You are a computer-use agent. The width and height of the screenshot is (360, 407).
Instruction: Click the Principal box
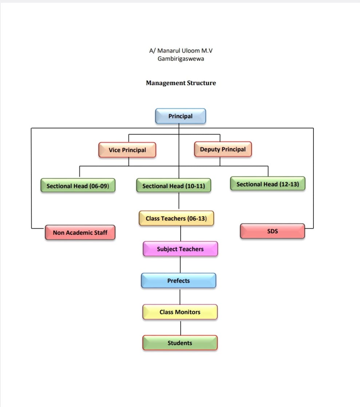pos(181,116)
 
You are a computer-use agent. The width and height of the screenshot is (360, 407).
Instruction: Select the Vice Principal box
pos(127,150)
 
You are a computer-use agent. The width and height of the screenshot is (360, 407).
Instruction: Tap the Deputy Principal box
pos(223,149)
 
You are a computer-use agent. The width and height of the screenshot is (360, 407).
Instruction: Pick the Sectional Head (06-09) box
pos(78,186)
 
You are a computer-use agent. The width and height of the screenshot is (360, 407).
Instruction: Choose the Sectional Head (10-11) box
pos(174,186)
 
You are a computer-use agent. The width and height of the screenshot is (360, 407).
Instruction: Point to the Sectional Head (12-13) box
pos(268,184)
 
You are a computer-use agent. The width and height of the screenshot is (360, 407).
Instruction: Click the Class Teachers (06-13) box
pos(176,218)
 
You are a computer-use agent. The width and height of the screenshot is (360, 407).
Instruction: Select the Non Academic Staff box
pos(80,233)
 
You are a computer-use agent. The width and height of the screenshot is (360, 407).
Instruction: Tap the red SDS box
pos(272,231)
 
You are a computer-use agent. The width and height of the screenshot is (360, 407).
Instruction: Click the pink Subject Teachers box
pos(180,249)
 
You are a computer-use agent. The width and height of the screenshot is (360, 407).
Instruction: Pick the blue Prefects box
pos(178,281)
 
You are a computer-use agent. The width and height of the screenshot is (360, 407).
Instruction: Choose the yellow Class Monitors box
pos(180,312)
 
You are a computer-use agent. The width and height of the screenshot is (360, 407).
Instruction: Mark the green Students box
pos(180,343)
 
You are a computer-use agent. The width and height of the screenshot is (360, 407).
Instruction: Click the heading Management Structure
pos(181,83)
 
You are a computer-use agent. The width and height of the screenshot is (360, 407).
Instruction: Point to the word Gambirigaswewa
pos(181,59)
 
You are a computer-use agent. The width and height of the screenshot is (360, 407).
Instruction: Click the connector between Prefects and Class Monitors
pos(180,296)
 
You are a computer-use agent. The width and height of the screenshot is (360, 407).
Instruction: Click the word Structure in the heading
pos(201,83)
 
